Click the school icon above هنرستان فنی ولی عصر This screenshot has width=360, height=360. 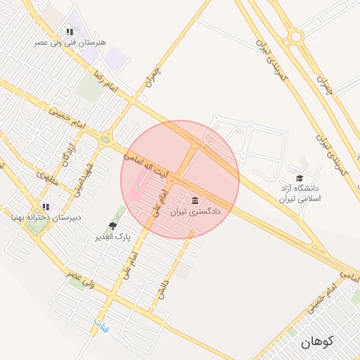pyautogui.click(x=69, y=32)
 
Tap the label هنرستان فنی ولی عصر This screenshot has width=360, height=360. pyautogui.click(x=73, y=42)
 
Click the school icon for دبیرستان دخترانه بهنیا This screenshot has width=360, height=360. pyautogui.click(x=46, y=207)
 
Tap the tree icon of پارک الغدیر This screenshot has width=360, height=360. pyautogui.click(x=112, y=226)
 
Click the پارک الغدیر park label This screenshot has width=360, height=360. pyautogui.click(x=114, y=237)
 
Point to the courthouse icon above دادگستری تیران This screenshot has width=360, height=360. pyautogui.click(x=195, y=200)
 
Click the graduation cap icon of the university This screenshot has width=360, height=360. pyautogui.click(x=300, y=178)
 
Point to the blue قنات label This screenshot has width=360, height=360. pyautogui.click(x=99, y=324)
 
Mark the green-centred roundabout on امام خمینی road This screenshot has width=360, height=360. pyautogui.click(x=105, y=139)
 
